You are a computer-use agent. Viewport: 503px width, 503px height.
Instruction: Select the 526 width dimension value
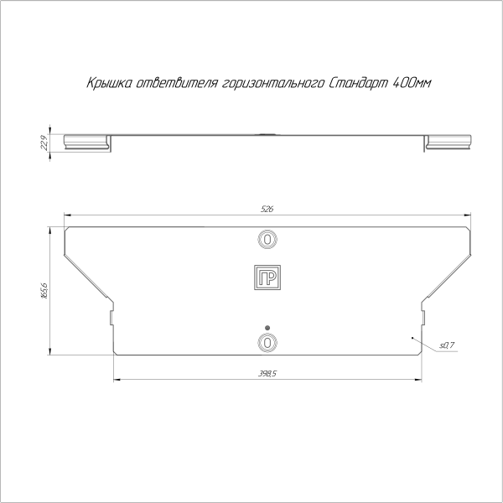(x=267, y=209)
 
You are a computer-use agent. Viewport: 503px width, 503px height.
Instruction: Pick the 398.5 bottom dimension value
(x=267, y=374)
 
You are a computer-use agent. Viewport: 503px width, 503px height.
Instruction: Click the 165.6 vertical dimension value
(x=44, y=290)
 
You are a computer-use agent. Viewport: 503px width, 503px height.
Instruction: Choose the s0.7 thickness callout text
(x=446, y=345)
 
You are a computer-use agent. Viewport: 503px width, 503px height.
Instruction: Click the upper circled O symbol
(x=267, y=240)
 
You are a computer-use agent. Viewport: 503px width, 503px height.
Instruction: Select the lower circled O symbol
(x=267, y=342)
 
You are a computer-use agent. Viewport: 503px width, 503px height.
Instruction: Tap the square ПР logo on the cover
(x=267, y=279)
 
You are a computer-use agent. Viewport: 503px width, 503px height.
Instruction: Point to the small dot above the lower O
(x=267, y=327)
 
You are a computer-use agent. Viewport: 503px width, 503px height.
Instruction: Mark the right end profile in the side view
(x=449, y=142)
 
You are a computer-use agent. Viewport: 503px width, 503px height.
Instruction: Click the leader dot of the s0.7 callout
(x=412, y=336)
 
